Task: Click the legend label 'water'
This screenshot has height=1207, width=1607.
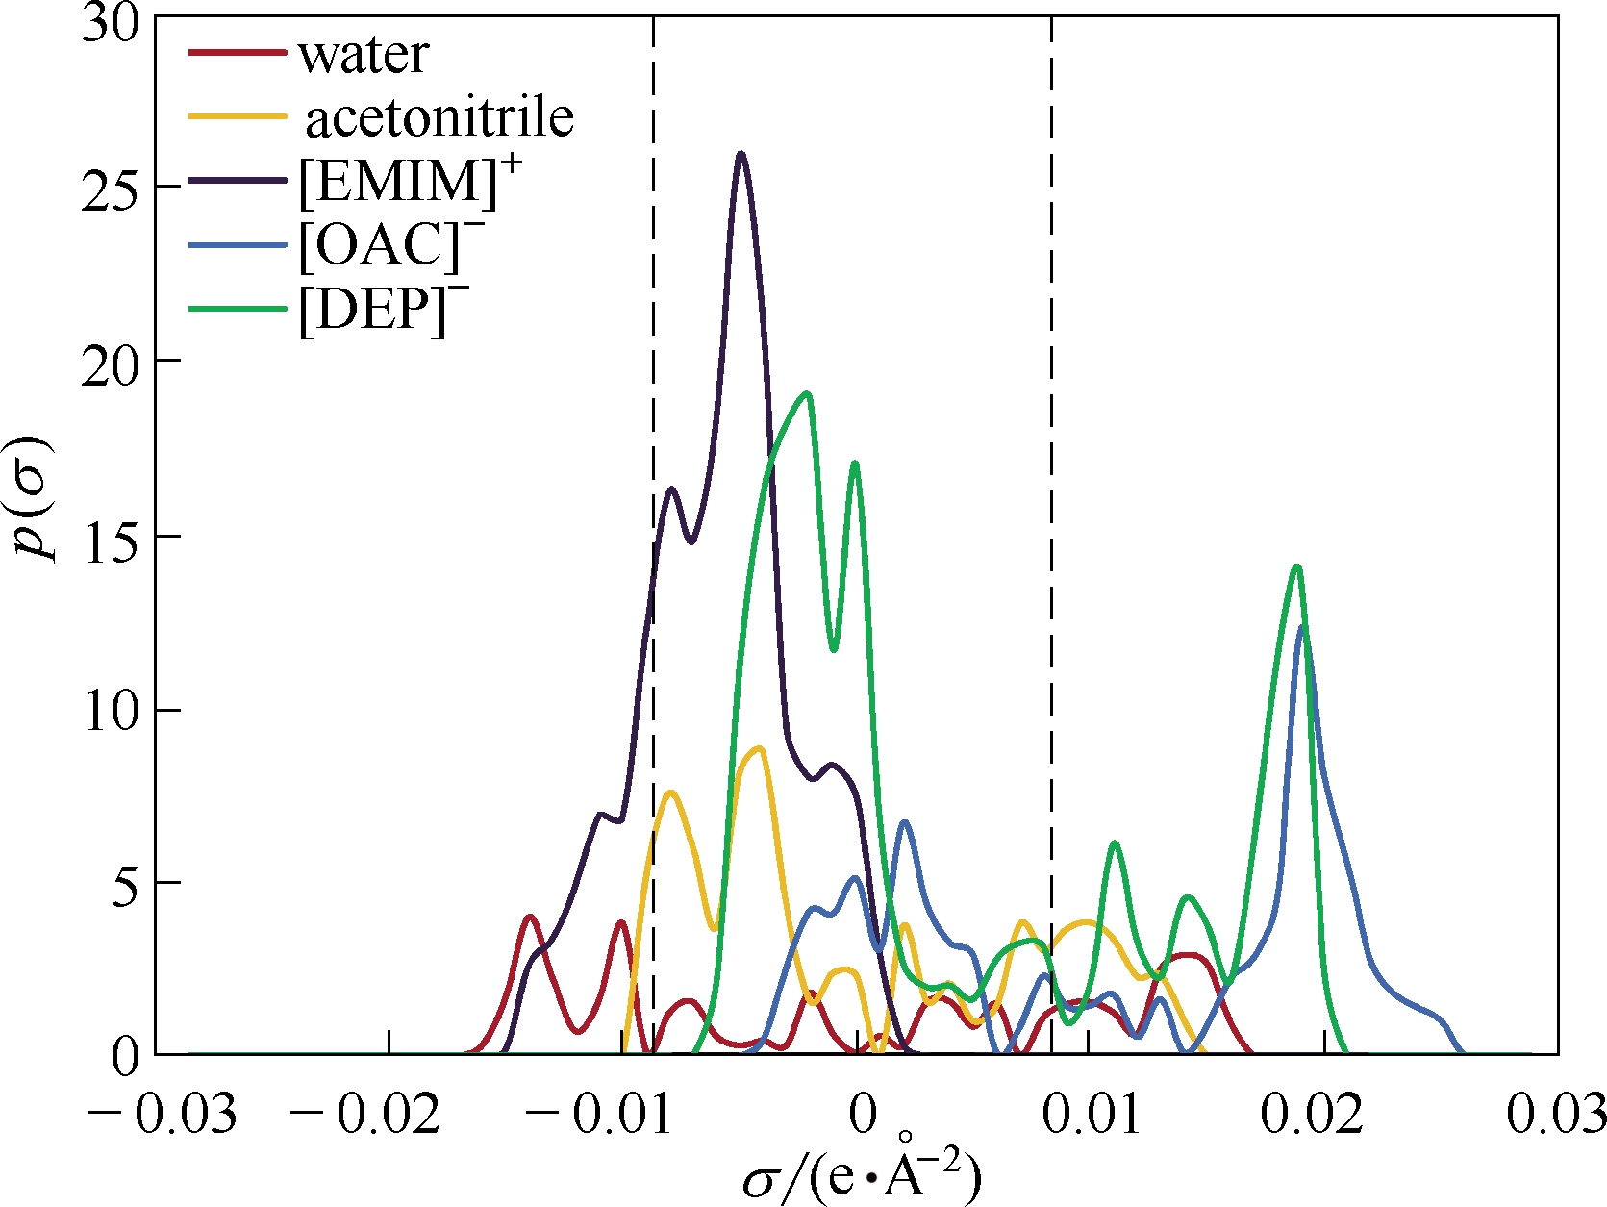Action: click(364, 55)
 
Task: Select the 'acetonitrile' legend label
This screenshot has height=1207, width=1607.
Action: click(439, 118)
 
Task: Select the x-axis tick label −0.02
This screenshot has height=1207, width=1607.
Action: click(364, 1115)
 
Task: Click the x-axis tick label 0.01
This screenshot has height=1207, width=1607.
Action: click(1091, 1115)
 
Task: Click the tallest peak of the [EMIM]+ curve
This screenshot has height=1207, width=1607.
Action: click(741, 154)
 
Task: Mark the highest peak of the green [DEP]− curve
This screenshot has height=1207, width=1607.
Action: click(807, 393)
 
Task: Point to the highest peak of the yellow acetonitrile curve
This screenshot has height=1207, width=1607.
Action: click(761, 747)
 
